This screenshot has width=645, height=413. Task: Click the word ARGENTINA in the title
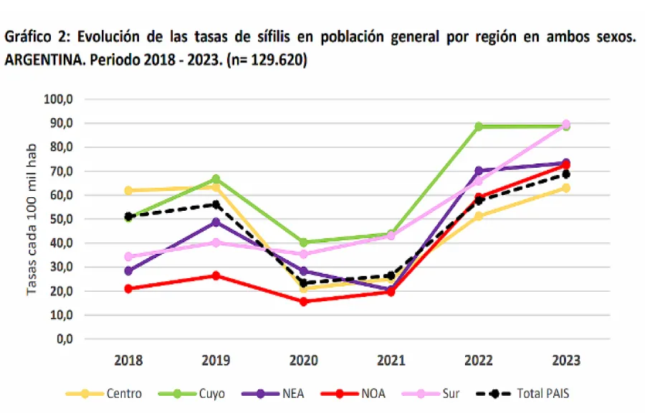tap(42, 60)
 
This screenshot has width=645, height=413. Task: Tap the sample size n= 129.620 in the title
tap(266, 60)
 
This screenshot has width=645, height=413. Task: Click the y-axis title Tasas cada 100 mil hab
tap(32, 219)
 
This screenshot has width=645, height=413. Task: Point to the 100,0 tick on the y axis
tap(59, 99)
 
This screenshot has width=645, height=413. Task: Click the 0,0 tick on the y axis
tap(64, 338)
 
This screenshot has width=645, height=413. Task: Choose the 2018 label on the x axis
tap(128, 360)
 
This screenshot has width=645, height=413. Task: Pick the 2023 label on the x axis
tap(566, 360)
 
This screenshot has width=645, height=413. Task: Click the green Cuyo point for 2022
tap(479, 126)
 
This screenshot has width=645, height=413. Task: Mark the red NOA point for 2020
tap(304, 302)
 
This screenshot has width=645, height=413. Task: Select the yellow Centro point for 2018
tap(128, 191)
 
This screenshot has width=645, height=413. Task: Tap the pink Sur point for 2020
tap(304, 254)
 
